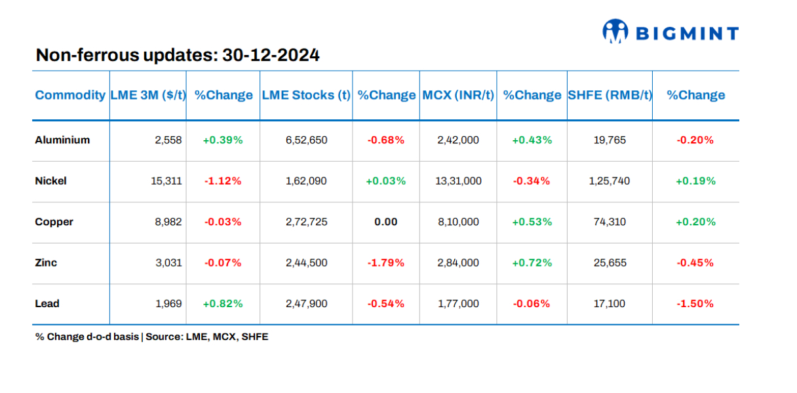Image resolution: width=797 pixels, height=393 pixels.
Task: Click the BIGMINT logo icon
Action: pyautogui.click(x=615, y=31)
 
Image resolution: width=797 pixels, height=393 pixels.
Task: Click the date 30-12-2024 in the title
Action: pyautogui.click(x=271, y=55)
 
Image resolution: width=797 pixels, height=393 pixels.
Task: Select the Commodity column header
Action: pyautogui.click(x=70, y=95)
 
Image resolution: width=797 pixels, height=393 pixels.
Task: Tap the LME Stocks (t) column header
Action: pyautogui.click(x=306, y=95)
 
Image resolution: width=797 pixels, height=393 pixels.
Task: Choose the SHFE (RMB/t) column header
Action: pyautogui.click(x=610, y=95)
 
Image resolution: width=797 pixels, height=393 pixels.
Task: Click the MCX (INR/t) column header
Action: pyautogui.click(x=458, y=95)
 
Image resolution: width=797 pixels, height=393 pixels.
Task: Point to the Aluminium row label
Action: pyautogui.click(x=62, y=140)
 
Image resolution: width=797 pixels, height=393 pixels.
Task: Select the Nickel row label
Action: pyautogui.click(x=51, y=181)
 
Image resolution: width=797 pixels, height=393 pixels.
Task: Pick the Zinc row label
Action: pyautogui.click(x=46, y=263)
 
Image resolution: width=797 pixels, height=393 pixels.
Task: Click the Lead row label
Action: pyautogui.click(x=47, y=303)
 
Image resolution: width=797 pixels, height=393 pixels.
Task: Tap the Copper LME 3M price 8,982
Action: pyautogui.click(x=168, y=222)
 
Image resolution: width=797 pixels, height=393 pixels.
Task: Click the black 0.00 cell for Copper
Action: pyautogui.click(x=386, y=222)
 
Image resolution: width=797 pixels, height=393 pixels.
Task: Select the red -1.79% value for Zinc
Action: pyautogui.click(x=386, y=263)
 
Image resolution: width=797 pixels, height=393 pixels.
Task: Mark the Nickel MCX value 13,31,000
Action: pyautogui.click(x=459, y=181)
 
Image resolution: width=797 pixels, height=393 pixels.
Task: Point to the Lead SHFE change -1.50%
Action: pyautogui.click(x=695, y=303)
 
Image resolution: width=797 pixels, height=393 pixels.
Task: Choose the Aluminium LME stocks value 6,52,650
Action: pyautogui.click(x=306, y=140)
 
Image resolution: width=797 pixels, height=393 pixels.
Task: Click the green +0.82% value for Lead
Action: pyautogui.click(x=223, y=303)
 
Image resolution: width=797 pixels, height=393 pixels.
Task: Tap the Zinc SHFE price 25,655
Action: pyautogui.click(x=609, y=263)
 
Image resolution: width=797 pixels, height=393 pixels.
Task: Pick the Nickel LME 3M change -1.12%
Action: pyautogui.click(x=223, y=181)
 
